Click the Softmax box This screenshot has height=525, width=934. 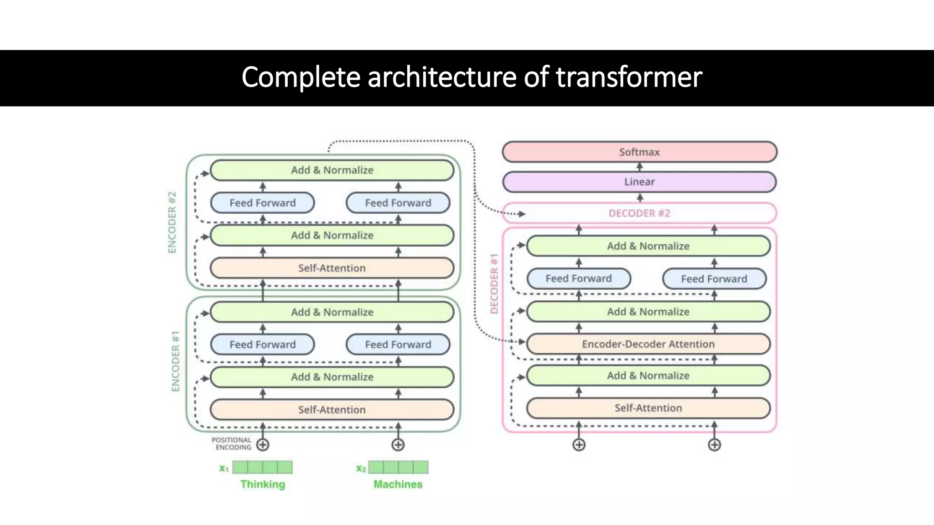[639, 152]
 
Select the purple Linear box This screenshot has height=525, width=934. [639, 182]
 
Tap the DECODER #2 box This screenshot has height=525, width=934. [639, 213]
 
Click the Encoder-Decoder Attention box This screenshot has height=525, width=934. [648, 344]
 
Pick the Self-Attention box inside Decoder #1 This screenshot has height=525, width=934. [648, 408]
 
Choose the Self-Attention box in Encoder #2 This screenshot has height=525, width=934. [332, 268]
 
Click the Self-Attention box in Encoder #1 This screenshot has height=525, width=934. [332, 410]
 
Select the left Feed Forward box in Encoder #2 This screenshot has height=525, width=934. [262, 203]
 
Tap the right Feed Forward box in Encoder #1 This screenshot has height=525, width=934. [398, 345]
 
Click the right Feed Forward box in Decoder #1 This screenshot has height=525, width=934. [714, 279]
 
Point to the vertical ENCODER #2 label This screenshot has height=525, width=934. [172, 222]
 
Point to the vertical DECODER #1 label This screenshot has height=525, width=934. [494, 283]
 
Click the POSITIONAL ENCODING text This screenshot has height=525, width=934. [232, 443]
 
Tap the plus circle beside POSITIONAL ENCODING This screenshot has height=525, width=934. [263, 445]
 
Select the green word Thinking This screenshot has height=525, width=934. [263, 484]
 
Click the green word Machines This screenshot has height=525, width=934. [398, 484]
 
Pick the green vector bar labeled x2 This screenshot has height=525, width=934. [398, 467]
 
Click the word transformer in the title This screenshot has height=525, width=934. [629, 77]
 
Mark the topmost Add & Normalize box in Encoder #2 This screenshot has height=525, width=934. [332, 170]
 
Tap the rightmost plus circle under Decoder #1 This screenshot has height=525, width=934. [714, 445]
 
